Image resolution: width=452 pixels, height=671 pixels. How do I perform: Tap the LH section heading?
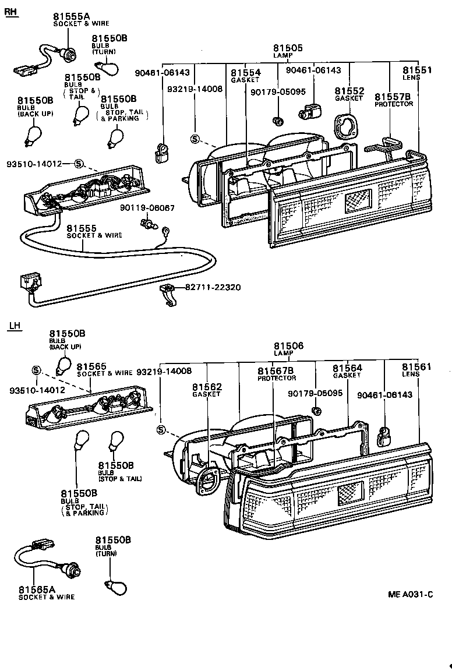[15, 326]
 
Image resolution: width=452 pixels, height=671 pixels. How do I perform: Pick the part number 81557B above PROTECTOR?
[393, 97]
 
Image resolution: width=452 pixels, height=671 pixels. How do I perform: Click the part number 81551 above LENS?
[416, 70]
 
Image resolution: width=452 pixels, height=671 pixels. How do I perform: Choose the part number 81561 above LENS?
[416, 367]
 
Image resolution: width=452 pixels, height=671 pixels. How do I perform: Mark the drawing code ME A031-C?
[411, 594]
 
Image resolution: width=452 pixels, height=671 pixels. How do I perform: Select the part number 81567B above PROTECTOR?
[276, 371]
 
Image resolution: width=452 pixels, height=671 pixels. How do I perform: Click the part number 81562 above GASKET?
[207, 387]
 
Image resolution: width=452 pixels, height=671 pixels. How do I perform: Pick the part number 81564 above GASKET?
[347, 368]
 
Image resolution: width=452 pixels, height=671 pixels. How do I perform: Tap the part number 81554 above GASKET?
[245, 73]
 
